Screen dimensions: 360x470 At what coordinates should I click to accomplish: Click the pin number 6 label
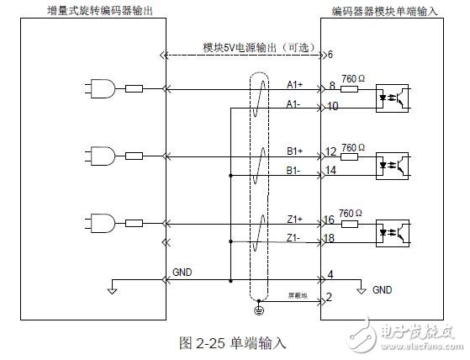(330, 55)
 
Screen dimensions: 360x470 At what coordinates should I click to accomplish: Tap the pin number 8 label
(331, 86)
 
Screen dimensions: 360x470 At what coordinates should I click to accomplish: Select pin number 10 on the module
(333, 106)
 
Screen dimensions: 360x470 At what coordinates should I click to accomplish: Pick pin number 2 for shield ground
(330, 297)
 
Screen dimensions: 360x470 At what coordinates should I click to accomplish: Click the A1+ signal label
(295, 82)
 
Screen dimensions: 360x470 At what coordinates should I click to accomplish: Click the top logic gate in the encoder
(98, 87)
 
